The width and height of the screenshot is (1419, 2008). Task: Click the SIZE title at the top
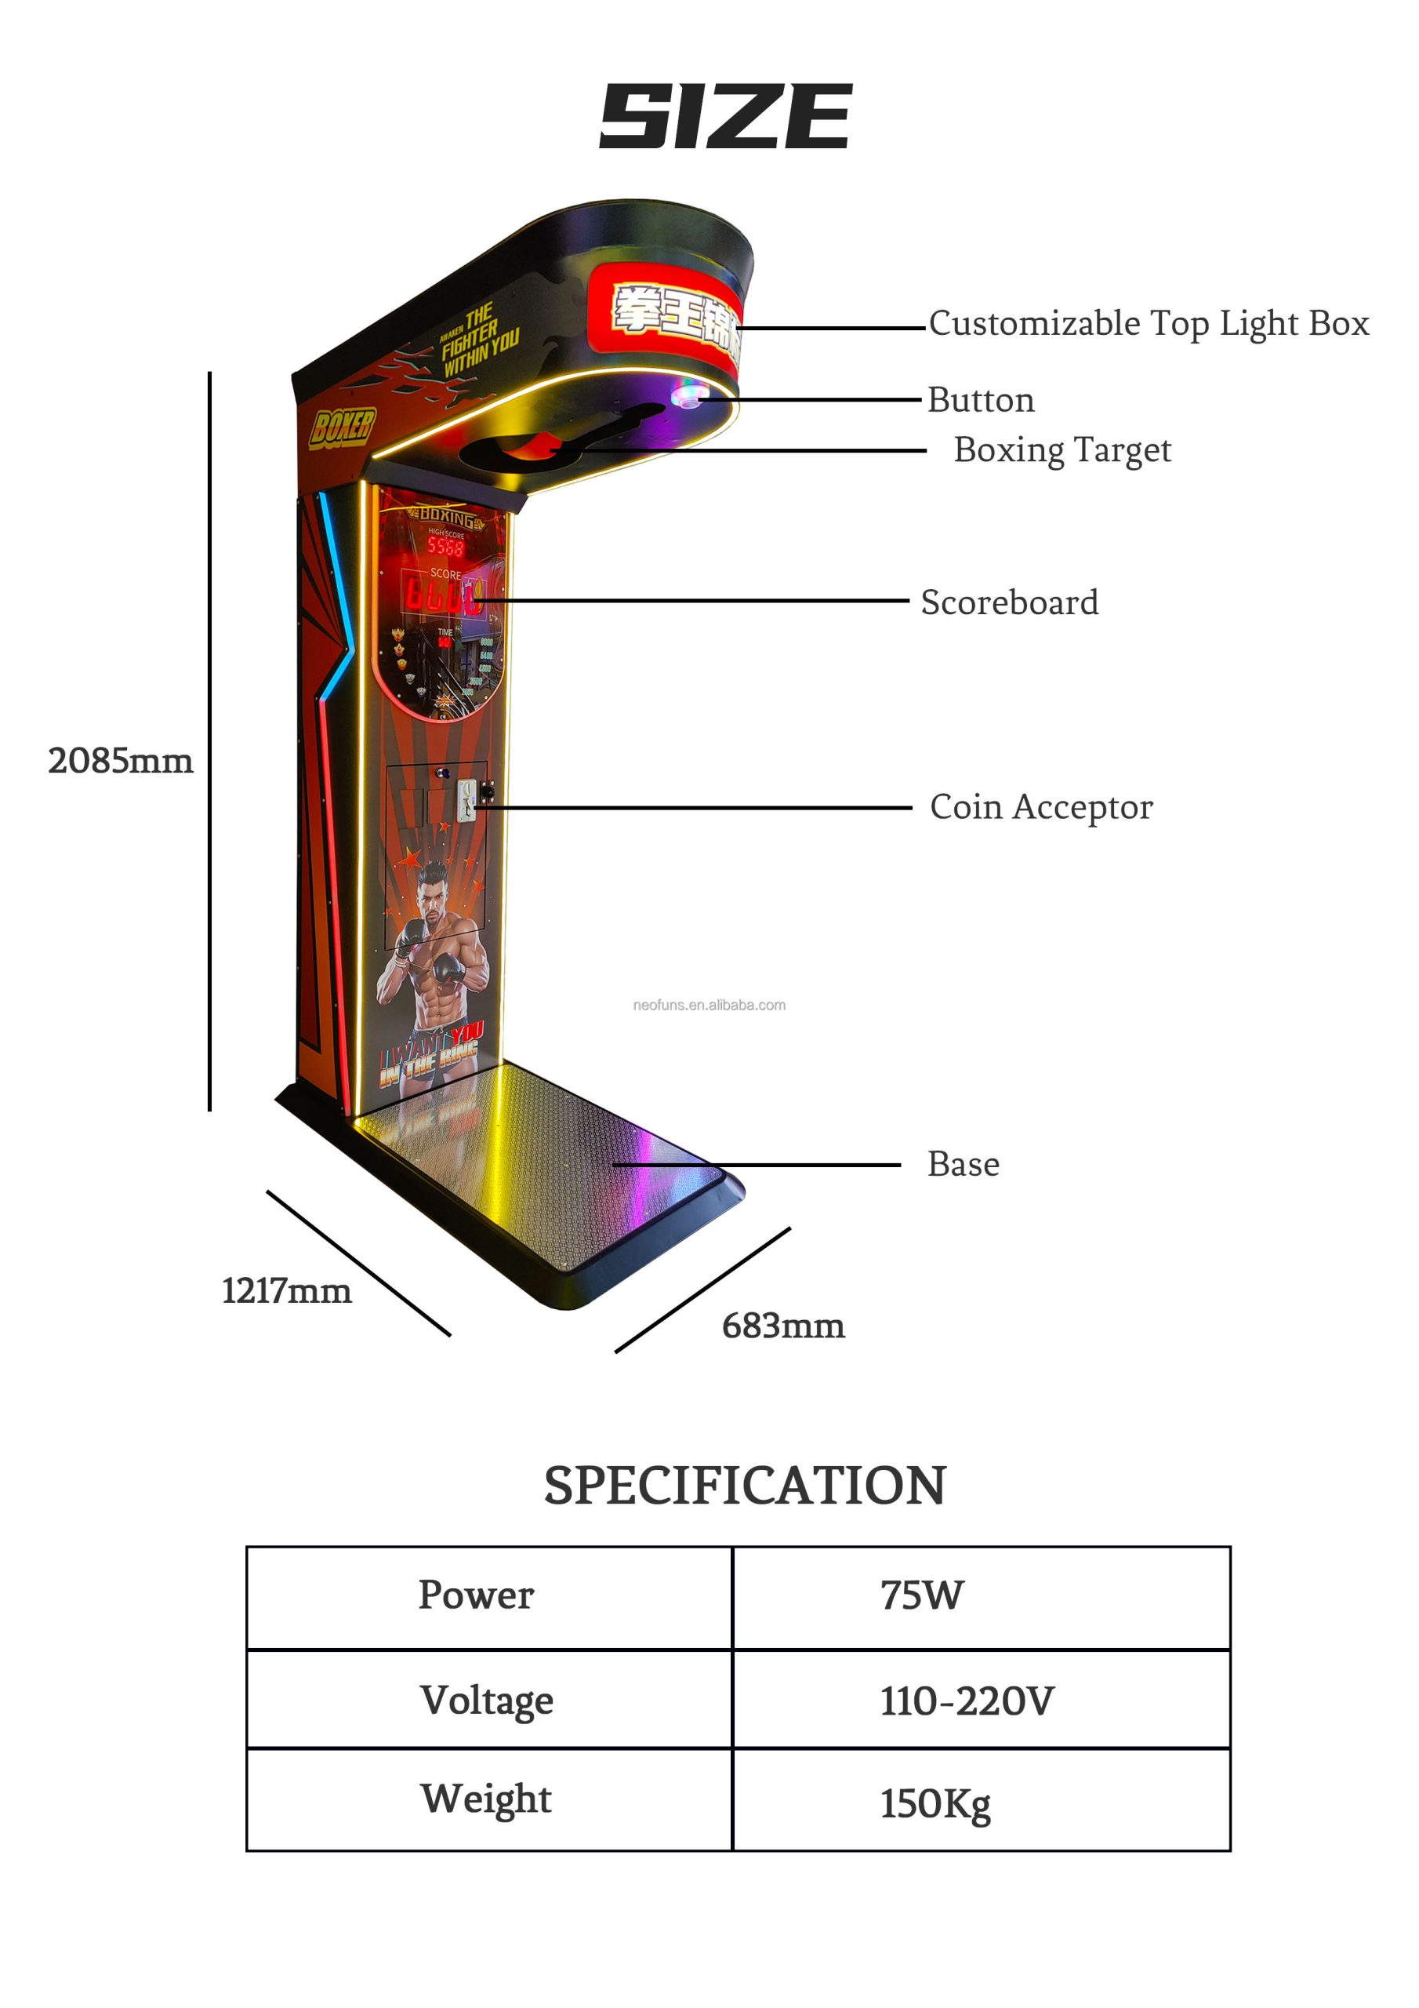725,116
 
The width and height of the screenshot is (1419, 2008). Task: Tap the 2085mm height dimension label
121,761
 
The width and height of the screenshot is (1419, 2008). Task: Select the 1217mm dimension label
286,1291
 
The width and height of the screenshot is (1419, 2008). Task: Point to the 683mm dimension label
782,1326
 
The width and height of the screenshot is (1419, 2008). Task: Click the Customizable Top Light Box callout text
1148,324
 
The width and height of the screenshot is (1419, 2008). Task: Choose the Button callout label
980,400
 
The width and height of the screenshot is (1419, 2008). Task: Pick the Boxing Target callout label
1062,450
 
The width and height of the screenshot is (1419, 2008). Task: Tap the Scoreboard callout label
1009,602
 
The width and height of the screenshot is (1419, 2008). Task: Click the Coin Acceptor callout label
1040,806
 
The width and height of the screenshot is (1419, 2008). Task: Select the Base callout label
963,1164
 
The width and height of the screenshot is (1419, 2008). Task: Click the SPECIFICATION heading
744,1486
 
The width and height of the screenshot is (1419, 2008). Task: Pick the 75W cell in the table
921,1595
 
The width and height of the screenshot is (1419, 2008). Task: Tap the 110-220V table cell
967,1701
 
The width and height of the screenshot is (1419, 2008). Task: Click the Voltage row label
486,1701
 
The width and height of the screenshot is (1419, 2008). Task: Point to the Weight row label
486,1800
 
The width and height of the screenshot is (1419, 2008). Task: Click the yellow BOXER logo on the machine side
342,427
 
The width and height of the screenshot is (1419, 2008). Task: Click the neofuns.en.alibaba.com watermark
709,1006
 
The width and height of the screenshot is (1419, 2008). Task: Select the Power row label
476,1595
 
